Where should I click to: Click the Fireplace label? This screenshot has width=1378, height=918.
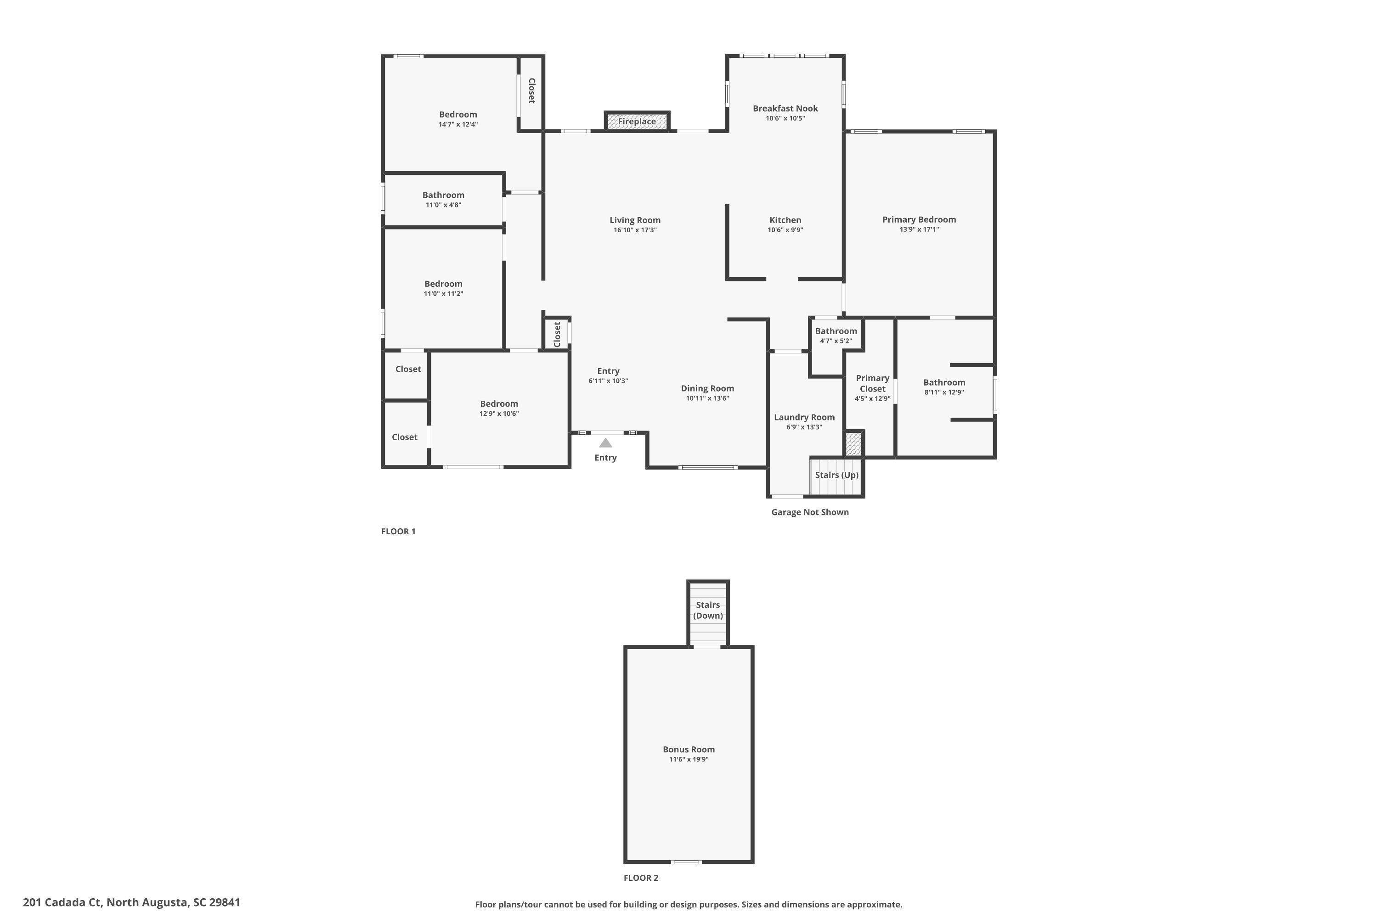point(636,122)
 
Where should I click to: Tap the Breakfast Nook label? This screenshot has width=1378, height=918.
point(785,108)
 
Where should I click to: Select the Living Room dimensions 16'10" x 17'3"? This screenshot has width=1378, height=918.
point(635,230)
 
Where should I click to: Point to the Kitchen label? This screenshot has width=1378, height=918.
point(785,220)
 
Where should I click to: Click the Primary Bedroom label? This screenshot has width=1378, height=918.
point(919,219)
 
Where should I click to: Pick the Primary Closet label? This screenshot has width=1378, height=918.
point(872,383)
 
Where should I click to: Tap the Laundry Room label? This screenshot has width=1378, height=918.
point(804,417)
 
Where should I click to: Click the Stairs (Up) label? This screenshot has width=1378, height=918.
point(836,475)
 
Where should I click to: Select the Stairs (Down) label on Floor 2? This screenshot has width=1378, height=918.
point(708,610)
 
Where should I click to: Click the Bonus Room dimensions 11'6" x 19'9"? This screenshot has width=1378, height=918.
point(689,759)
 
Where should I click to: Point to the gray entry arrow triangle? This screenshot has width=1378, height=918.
point(605,443)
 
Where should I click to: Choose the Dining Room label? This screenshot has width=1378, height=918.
point(707,389)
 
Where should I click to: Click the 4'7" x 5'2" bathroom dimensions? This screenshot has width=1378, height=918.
point(836,341)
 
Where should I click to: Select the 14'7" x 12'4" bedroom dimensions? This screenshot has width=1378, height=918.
point(458,124)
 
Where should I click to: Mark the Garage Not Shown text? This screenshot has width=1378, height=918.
point(810,512)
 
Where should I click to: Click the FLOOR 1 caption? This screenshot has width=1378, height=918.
point(398,532)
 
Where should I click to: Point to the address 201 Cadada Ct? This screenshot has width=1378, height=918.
point(132,902)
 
